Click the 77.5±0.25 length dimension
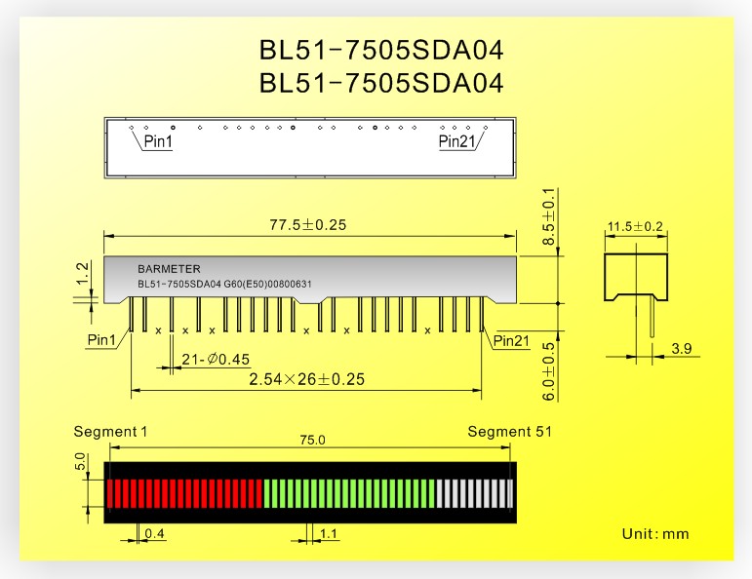point(308,225)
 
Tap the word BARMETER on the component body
point(169,269)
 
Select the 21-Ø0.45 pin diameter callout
point(216,359)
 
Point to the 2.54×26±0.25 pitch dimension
point(307,379)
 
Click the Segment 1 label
point(110,432)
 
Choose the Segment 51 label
point(510,432)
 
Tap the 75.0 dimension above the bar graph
point(313,440)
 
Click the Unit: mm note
point(655,534)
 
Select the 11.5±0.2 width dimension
point(635,226)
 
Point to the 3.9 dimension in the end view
point(682,348)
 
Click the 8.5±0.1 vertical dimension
point(549,216)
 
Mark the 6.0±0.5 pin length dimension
point(549,371)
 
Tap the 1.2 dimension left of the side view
point(83,273)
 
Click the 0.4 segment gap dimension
point(154,533)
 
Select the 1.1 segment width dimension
point(329,533)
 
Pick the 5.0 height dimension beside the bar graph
point(80,461)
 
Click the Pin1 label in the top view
point(158,141)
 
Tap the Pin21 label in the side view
point(511,341)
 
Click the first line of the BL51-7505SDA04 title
point(381,51)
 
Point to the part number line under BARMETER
point(224,285)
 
